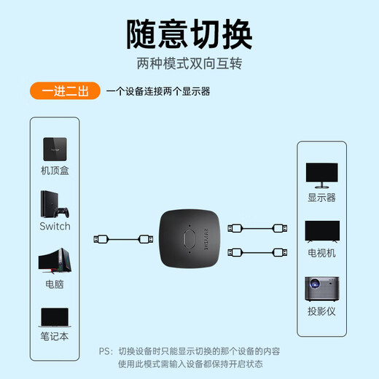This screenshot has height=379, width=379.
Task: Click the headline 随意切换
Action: click(x=189, y=32)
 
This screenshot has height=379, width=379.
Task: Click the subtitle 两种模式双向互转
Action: click(x=189, y=63)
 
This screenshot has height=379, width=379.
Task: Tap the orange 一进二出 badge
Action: click(x=66, y=93)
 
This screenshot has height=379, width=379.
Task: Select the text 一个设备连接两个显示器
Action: click(x=158, y=93)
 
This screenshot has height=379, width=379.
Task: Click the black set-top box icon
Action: click(x=55, y=149)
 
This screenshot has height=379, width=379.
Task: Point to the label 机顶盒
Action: click(x=55, y=171)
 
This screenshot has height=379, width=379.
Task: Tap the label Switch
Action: click(x=55, y=226)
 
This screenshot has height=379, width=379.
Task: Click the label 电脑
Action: click(x=55, y=284)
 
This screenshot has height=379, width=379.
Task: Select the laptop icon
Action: click(x=55, y=316)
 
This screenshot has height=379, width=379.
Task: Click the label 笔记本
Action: click(x=55, y=337)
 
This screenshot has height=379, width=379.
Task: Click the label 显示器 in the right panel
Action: click(x=321, y=197)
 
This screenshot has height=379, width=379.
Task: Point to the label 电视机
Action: click(x=321, y=253)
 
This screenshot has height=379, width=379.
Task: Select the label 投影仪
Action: click(x=321, y=311)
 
